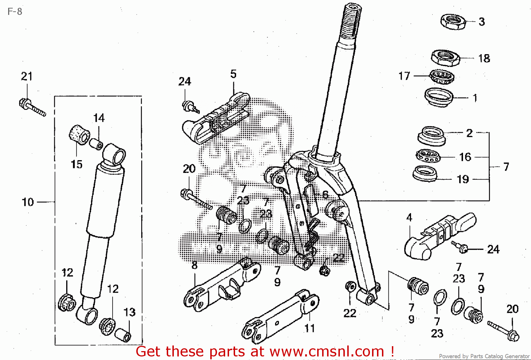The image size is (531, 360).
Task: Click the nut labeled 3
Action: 453,22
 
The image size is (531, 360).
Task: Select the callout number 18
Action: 484,58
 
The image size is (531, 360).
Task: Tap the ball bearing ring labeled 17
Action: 442,77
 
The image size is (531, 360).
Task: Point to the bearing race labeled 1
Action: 439,96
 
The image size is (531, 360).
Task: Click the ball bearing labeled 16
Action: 427,156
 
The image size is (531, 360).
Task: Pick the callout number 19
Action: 463,179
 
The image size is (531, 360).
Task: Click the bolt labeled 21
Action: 32,107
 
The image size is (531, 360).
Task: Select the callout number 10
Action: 28,202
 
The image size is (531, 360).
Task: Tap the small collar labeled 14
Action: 96,144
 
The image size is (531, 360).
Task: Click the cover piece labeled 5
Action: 216,119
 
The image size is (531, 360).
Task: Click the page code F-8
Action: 15,12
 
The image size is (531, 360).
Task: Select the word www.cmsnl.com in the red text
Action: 327,351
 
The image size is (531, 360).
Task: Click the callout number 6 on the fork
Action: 325,194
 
